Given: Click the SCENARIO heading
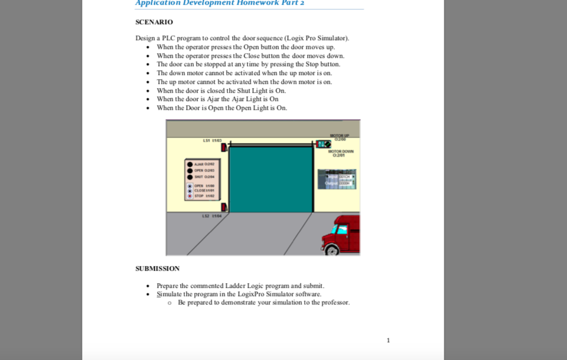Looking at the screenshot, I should pos(154,22).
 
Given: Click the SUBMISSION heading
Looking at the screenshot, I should pos(157,268).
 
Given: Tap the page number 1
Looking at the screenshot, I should pos(388,340).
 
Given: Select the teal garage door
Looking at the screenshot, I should pos(271,179).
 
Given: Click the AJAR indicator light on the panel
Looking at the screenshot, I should pos(190,164).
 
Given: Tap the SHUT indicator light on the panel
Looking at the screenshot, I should pos(190,176).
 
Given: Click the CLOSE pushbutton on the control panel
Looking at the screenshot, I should pos(190,190).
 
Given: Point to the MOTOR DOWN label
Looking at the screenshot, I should pos(341,153).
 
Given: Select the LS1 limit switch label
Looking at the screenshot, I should pos(212,140).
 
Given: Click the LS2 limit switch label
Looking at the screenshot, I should pos(212,216).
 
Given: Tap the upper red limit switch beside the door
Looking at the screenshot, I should pos(224,147).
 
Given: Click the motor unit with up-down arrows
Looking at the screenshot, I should pos(323,144).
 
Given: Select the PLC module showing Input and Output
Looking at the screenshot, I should pos(337,179).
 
